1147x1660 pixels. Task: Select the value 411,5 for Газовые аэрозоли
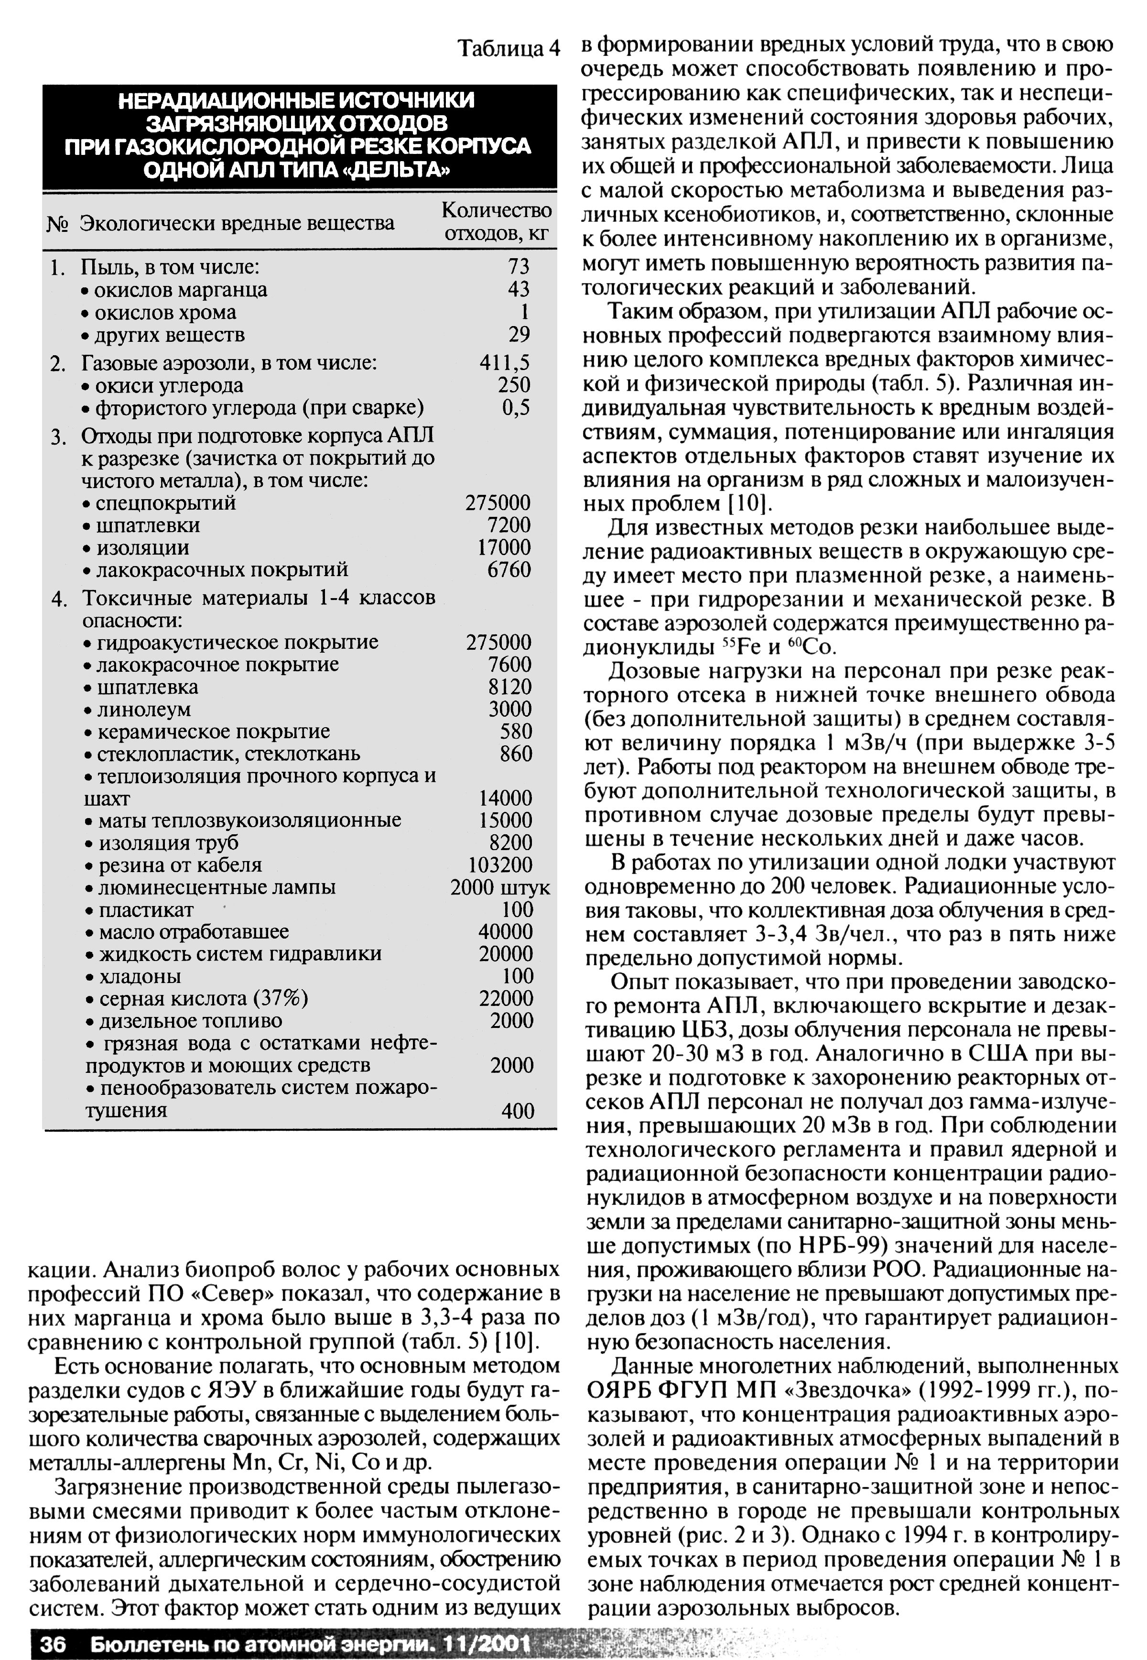coord(505,363)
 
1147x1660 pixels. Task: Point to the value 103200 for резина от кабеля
coord(500,865)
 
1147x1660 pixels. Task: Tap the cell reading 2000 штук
coord(500,887)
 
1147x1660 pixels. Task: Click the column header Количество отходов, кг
coord(497,221)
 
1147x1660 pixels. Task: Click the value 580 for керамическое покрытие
coord(516,732)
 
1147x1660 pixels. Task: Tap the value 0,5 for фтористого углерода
coord(516,408)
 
